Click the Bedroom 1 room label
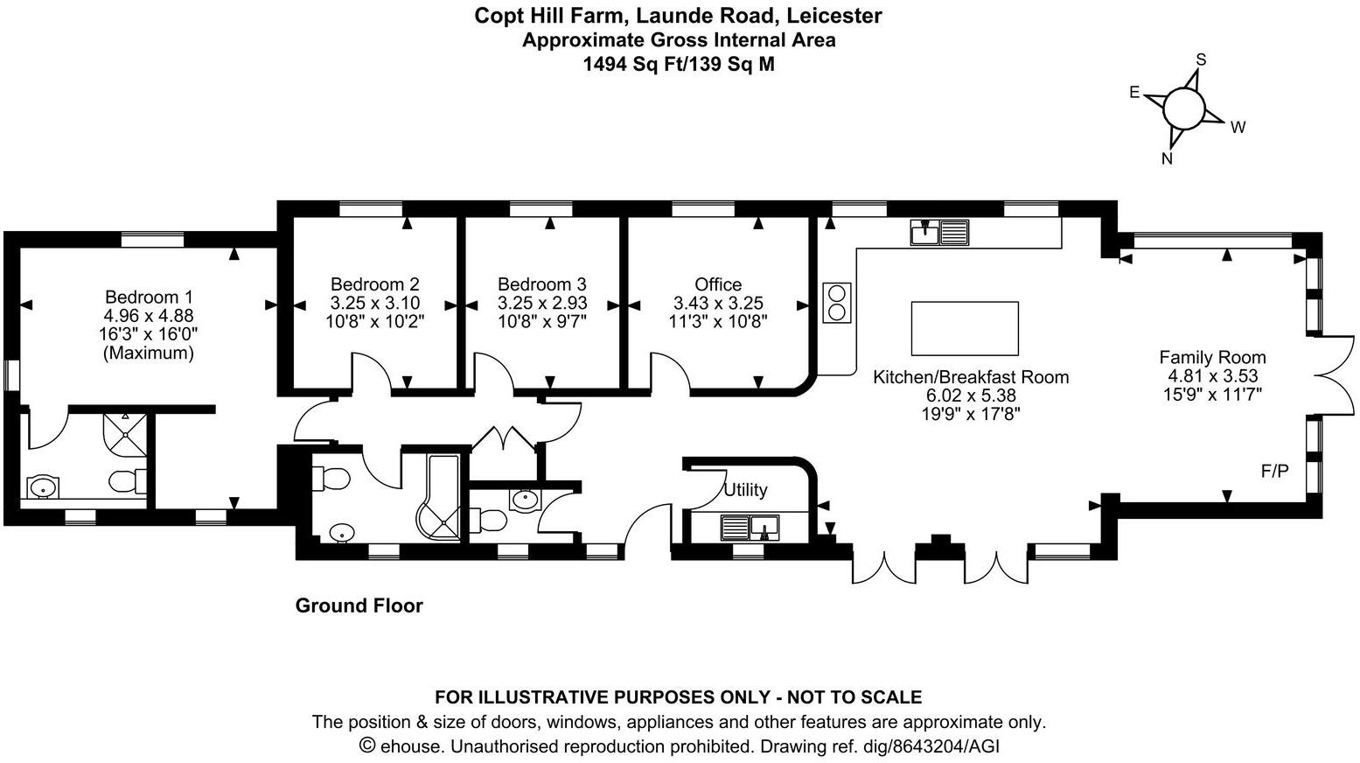149,297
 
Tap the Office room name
718,284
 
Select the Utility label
745,490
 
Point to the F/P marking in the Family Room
1274,472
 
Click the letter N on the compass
1167,158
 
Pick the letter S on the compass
1201,59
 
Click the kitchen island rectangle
965,328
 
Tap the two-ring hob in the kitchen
837,303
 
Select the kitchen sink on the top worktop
939,233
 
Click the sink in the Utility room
749,528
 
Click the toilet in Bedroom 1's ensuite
128,480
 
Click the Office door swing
668,371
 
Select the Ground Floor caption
359,605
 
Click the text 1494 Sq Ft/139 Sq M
679,64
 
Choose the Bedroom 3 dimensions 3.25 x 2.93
542,303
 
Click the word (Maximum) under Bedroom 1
149,353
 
